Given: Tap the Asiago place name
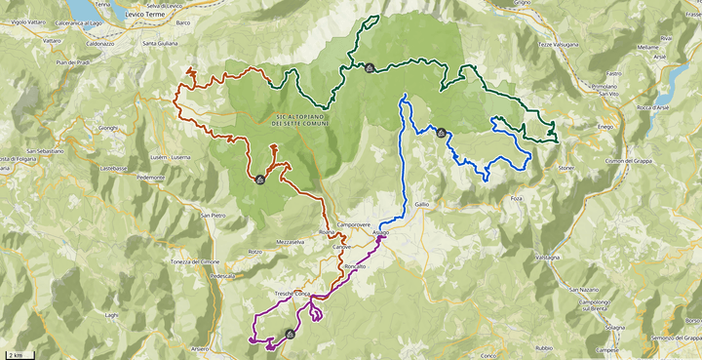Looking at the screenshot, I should point(379,231).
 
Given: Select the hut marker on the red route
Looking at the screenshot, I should point(259,180).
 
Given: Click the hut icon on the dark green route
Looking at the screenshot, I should point(370,67).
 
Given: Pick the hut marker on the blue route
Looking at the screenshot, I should point(442,133).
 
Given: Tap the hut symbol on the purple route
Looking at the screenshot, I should point(290,334).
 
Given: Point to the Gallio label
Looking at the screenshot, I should point(421,204).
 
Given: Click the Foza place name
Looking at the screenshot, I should point(516,199).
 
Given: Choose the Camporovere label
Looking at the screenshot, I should point(354,224).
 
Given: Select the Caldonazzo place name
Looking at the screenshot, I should point(100,44).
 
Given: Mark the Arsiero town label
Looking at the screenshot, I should point(200,347).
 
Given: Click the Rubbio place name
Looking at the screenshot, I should point(544,347).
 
